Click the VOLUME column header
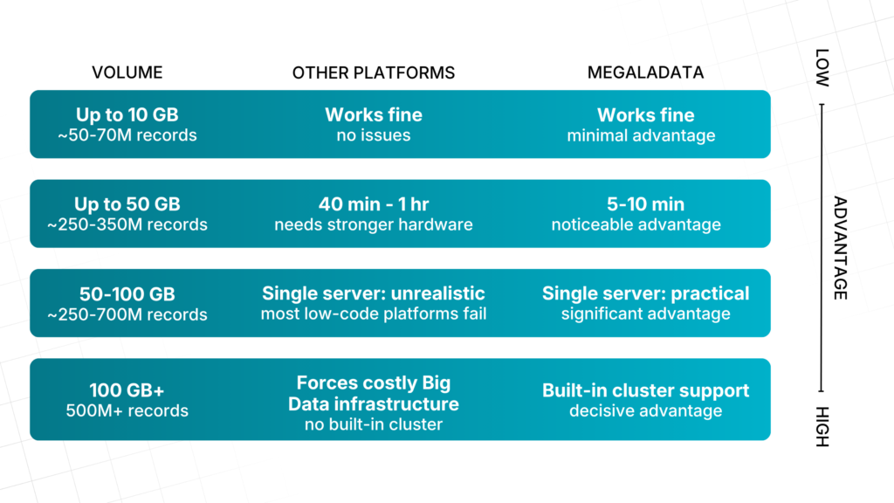pos(127,72)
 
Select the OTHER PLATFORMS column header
pos(374,73)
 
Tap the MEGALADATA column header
pos(645,72)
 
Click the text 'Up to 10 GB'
pos(127,114)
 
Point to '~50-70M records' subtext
pos(127,135)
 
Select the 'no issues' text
pos(374,135)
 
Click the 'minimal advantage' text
pos(641,135)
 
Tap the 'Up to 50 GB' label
pos(127,204)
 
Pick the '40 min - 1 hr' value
pos(374,204)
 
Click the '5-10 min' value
pos(645,204)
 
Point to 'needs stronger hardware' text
pos(374,224)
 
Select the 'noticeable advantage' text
pos(636,224)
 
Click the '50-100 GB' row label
pos(127,294)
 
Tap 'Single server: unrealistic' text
pos(374,293)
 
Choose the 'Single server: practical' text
pos(645,293)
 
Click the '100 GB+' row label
pos(127,390)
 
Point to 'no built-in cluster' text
pos(374,424)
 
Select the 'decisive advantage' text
pos(645,410)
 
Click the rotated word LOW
pos(822,68)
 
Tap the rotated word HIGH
pos(822,426)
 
